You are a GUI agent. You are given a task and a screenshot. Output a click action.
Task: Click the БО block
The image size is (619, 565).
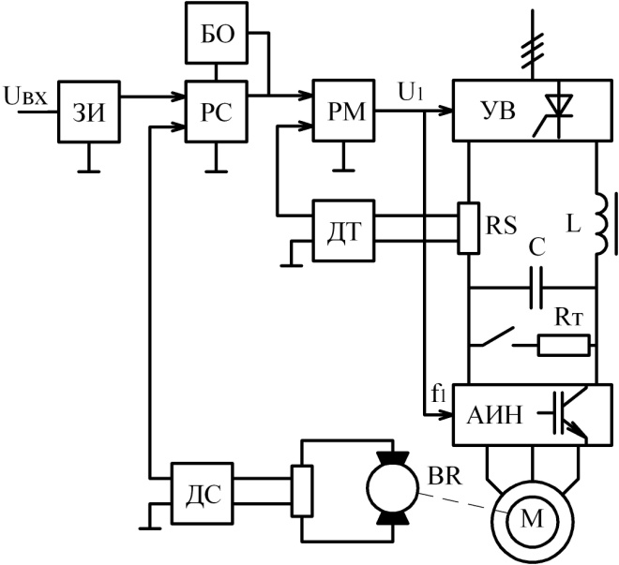coord(217,33)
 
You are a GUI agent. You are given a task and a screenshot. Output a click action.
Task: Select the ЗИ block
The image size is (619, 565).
coord(89,112)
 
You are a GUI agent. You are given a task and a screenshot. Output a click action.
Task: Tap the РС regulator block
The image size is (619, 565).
coord(217,112)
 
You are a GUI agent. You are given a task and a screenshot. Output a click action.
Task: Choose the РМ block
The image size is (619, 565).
coord(343,111)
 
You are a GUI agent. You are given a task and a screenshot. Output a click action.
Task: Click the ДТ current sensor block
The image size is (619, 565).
coord(343,230)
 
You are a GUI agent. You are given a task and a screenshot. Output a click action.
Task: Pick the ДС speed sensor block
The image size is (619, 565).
coord(203,493)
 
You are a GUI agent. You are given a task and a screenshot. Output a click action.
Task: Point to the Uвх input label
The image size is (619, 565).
coord(25,97)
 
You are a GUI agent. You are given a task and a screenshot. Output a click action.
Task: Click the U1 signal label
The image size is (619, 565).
coord(411,93)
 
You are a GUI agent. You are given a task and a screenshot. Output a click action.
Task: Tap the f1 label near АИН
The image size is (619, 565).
coord(438,394)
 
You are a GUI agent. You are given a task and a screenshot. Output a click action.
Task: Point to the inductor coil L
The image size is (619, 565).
coord(601,224)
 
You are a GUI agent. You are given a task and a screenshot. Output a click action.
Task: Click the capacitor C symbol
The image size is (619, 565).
coord(536,288)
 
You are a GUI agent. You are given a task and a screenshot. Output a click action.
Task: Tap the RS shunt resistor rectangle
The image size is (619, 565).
coord(469,228)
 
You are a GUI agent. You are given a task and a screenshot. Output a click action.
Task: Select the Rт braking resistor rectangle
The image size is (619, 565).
coord(564,346)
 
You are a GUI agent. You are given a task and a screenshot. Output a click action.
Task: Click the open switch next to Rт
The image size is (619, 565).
coord(498,337)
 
